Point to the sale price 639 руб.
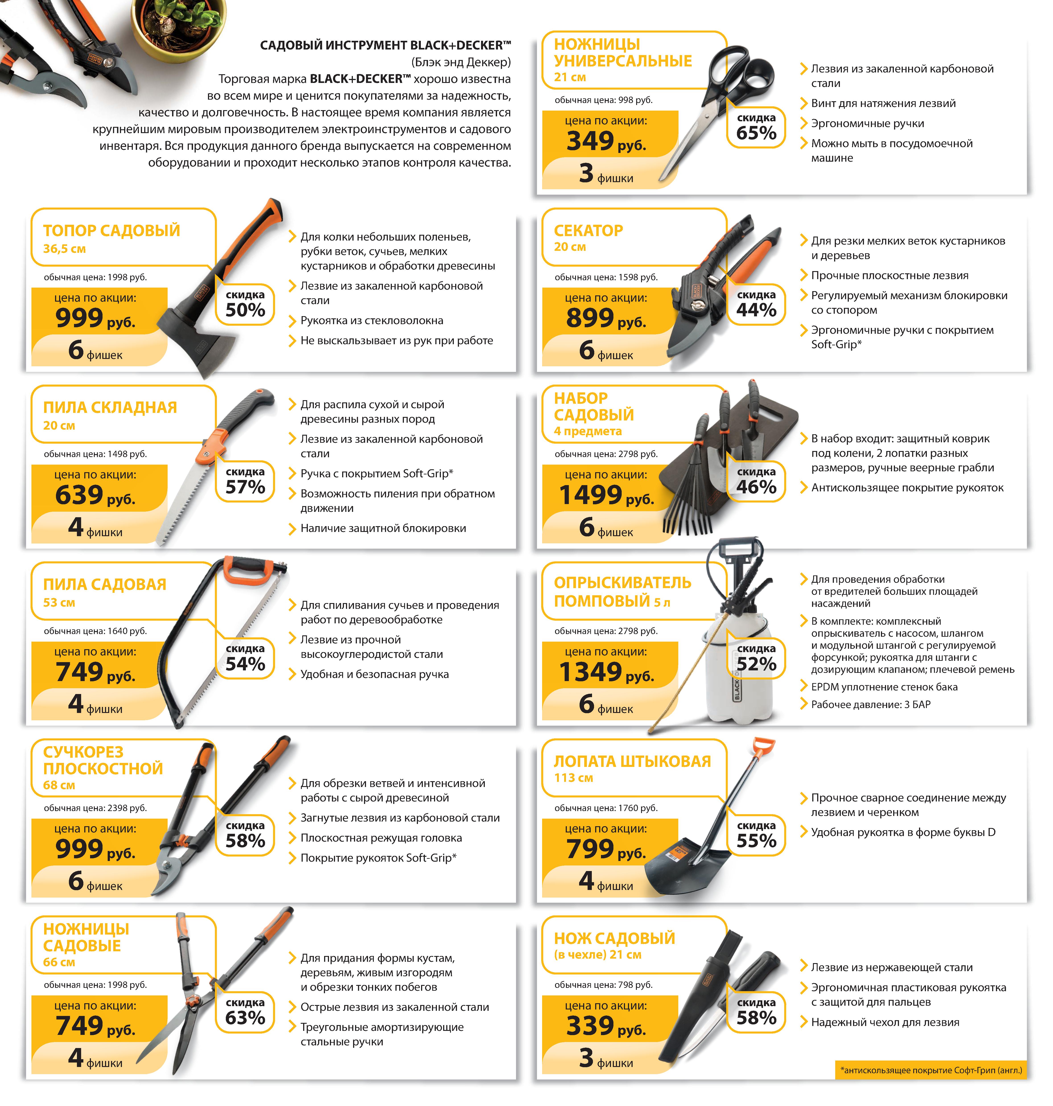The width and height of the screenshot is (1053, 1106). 95,495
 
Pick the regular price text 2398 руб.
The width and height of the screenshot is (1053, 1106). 95,808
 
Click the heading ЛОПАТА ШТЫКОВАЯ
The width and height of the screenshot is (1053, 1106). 632,761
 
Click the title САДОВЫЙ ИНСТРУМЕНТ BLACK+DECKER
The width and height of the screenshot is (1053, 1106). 385,45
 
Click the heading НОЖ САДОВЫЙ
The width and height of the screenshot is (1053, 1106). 615,938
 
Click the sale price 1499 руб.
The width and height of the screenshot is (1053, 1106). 606,495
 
